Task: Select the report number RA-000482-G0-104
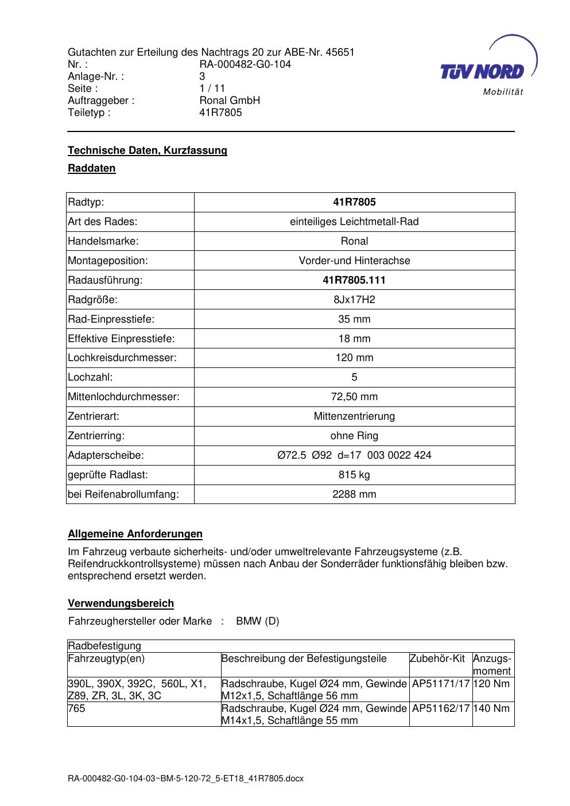click(245, 64)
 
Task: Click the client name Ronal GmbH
click(230, 100)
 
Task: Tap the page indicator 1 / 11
click(212, 88)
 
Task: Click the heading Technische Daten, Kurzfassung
click(148, 150)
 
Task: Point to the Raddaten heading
click(92, 169)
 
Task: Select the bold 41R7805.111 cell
click(354, 280)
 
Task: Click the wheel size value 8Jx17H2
click(354, 300)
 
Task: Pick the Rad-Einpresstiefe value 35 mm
click(354, 319)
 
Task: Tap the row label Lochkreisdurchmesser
click(122, 358)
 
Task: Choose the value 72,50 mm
click(354, 397)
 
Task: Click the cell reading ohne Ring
click(354, 436)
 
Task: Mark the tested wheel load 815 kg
click(354, 475)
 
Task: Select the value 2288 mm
click(354, 495)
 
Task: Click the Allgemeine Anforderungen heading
click(135, 534)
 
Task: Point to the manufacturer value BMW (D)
click(258, 622)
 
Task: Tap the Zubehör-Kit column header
click(437, 658)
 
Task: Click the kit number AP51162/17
click(441, 709)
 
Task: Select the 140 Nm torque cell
click(493, 709)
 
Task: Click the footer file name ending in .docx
click(185, 779)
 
